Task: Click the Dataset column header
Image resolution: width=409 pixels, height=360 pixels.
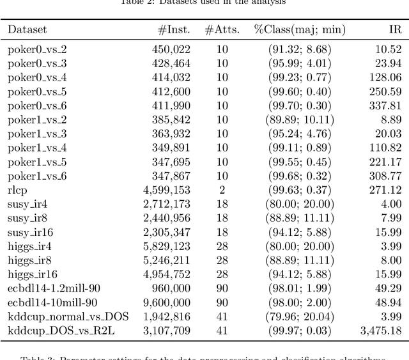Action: (x=27, y=29)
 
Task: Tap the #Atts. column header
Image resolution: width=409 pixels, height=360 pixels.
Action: (x=222, y=29)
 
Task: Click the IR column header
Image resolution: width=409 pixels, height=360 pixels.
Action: (x=395, y=29)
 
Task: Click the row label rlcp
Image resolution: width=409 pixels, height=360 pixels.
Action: (x=17, y=190)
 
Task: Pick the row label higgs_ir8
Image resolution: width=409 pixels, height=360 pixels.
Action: (x=32, y=260)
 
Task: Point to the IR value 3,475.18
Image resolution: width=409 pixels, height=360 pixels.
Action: (x=381, y=331)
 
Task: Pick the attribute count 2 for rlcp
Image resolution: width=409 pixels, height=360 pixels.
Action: (x=222, y=190)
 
